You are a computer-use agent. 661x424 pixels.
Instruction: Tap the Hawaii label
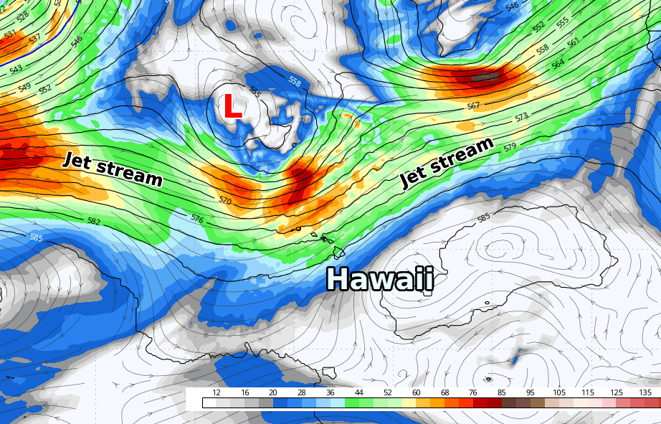380,278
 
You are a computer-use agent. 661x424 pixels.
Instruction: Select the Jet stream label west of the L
113,169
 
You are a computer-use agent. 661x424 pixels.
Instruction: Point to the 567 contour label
473,106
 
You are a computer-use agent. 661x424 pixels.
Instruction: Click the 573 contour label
521,116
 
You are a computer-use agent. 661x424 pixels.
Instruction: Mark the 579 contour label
510,147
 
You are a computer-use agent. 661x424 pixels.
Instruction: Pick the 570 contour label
225,201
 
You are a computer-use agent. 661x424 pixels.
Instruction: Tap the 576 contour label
198,217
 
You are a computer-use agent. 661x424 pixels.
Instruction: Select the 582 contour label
94,222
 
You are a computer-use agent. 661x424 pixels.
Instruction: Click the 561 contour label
573,43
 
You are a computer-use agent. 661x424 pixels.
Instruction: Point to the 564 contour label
558,65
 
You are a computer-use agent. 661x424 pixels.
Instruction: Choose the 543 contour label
16,69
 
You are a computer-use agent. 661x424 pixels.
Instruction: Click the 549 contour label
24,88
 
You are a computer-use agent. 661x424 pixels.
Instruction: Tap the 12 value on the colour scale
217,392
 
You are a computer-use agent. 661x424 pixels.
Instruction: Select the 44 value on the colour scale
358,392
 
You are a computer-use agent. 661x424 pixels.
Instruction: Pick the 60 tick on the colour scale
416,392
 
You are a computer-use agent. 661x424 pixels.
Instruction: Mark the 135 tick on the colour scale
645,392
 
